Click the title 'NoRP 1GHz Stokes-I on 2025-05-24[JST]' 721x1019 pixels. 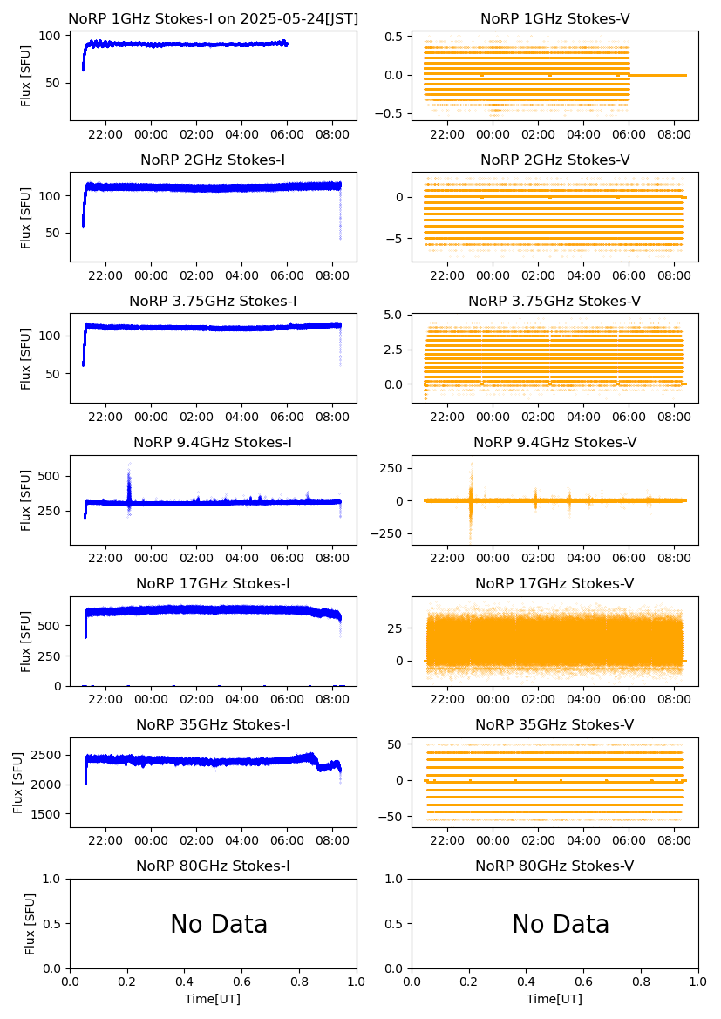213,18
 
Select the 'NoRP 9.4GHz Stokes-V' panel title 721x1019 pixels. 554,442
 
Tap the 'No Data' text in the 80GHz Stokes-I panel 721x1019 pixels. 219,924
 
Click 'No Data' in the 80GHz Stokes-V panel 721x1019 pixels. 561,924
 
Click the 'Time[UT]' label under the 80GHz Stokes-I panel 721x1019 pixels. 213,999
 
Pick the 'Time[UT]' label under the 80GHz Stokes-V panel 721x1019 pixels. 554,999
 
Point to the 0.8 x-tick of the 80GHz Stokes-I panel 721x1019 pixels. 299,982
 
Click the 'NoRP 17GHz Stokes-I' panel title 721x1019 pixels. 213,583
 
